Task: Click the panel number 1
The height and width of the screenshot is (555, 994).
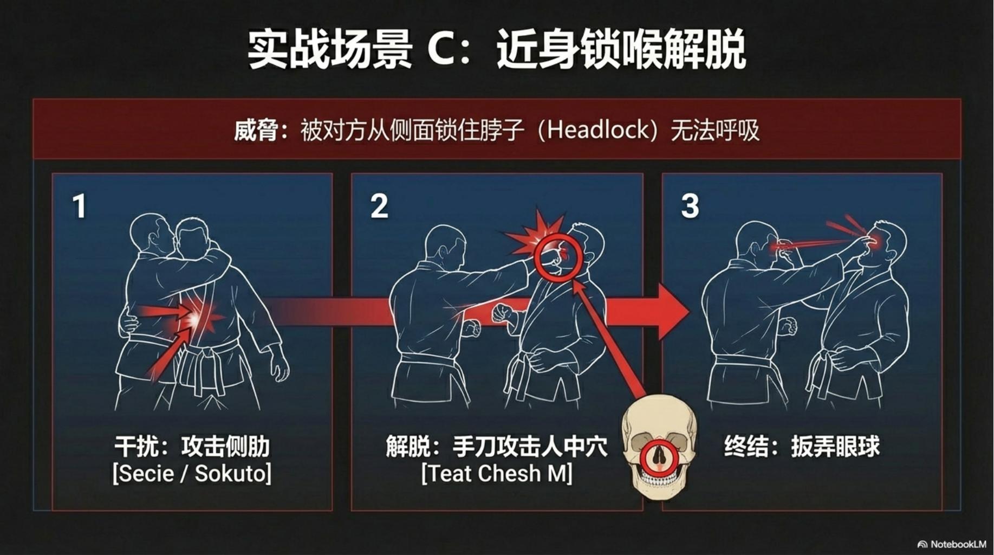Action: coord(79,206)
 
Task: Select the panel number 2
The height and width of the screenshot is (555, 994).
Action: coord(379,206)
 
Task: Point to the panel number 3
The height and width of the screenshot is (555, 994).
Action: coord(690,206)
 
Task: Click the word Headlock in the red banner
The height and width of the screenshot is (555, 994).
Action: coord(598,130)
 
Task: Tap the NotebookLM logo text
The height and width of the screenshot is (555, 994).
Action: coord(957,544)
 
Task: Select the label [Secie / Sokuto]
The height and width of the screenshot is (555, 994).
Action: coord(192,473)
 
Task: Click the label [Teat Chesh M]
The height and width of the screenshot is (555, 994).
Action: coord(497,473)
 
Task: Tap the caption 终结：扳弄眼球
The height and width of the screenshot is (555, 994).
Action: coord(802,447)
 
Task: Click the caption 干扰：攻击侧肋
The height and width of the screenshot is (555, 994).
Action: coord(192,447)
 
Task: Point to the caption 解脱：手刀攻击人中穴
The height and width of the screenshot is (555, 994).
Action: coord(497,447)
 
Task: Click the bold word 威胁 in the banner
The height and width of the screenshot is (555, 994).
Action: coord(256,131)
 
